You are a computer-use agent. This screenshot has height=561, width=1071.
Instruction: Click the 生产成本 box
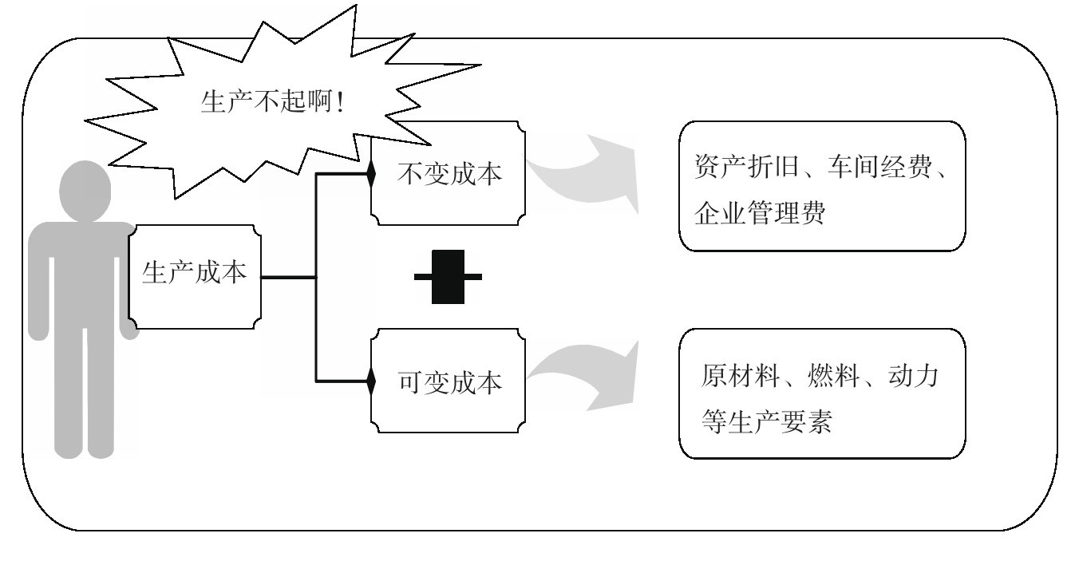195,276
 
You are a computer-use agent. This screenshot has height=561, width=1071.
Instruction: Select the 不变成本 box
449,173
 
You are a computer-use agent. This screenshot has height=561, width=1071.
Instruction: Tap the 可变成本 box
449,382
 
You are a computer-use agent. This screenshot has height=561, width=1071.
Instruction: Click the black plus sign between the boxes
448,277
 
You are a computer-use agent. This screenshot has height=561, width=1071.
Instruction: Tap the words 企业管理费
758,214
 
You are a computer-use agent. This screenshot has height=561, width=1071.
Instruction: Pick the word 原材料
735,375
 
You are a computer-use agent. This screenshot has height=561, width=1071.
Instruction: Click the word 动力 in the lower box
913,375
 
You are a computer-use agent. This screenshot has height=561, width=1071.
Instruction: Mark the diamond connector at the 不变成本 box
371,174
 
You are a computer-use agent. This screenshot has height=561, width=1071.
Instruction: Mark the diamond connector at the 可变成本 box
371,381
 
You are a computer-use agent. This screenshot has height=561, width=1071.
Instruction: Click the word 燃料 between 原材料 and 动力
824,375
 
